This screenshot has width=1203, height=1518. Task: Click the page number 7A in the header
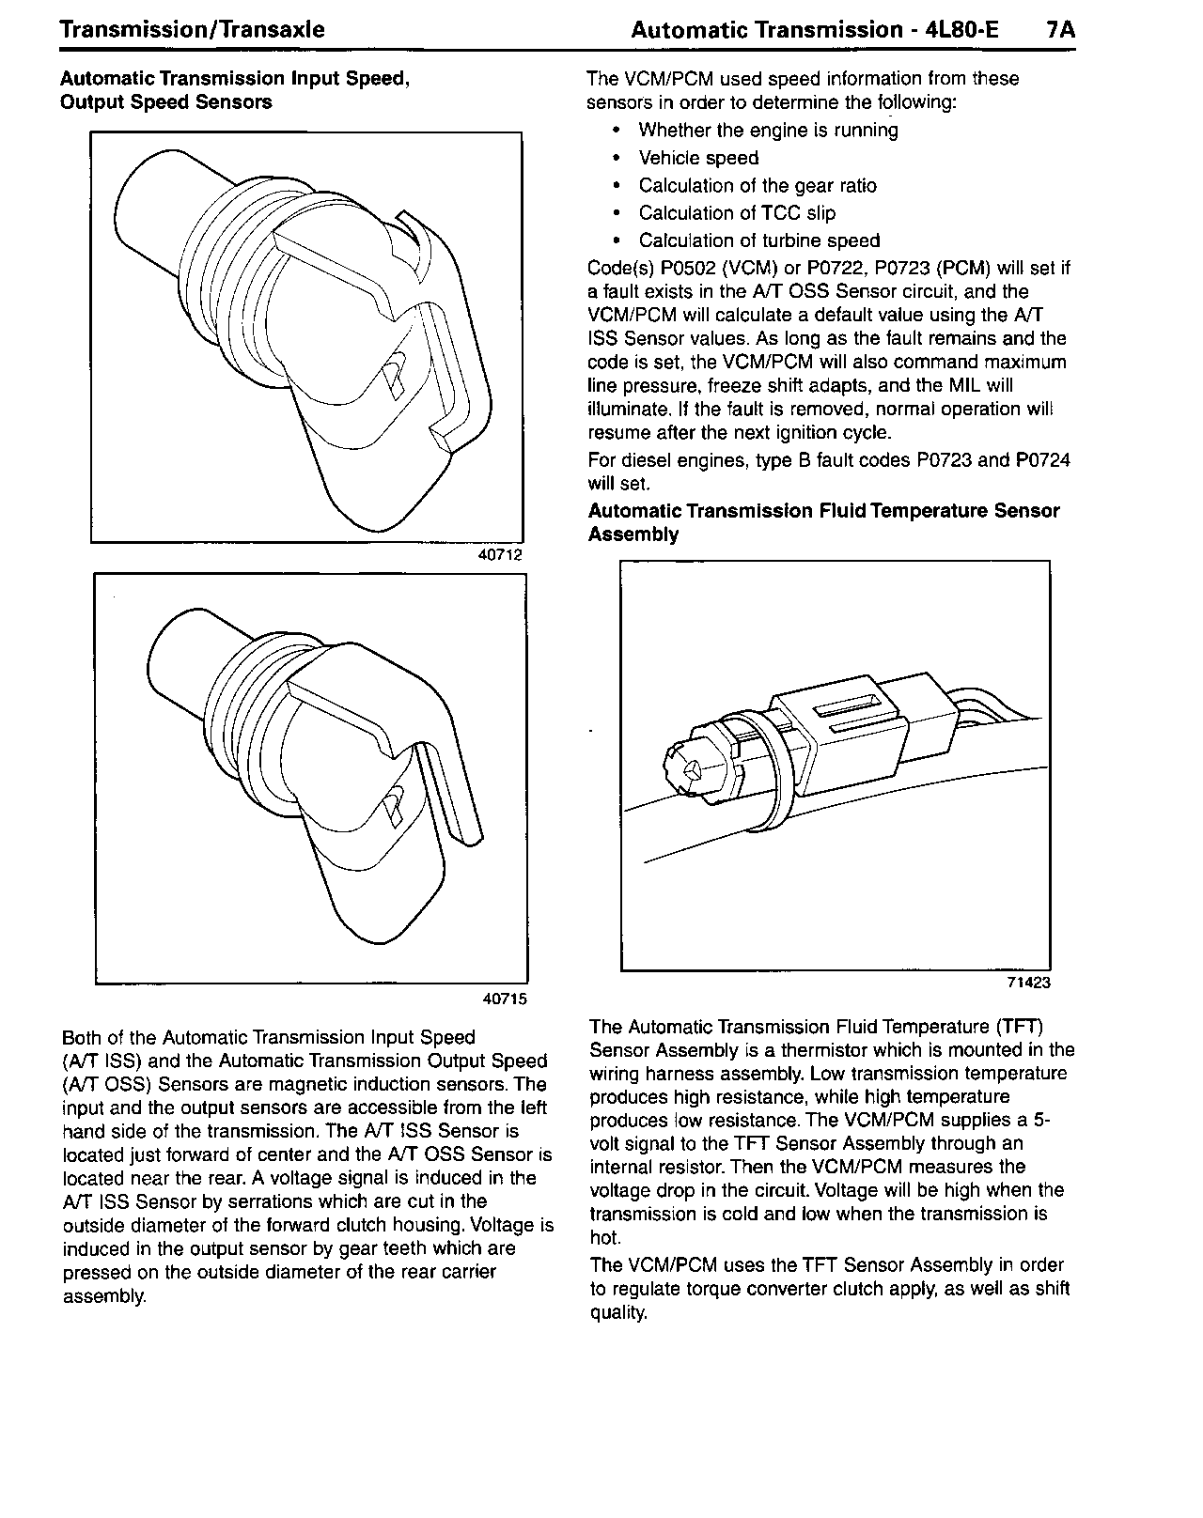coord(1060,30)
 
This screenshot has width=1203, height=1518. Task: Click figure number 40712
coord(499,555)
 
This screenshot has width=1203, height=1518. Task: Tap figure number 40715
coord(505,999)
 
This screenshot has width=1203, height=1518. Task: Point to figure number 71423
coord(1028,984)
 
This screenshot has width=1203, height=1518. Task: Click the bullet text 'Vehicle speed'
coord(698,159)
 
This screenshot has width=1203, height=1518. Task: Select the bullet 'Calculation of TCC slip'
coord(737,213)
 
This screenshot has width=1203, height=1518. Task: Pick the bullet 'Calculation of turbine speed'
coord(758,240)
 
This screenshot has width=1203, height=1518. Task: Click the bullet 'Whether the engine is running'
coord(768,131)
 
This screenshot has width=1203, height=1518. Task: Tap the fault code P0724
coord(1042,460)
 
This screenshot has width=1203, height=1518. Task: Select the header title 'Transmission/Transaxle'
coord(192,30)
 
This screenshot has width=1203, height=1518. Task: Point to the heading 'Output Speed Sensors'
coord(165,102)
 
